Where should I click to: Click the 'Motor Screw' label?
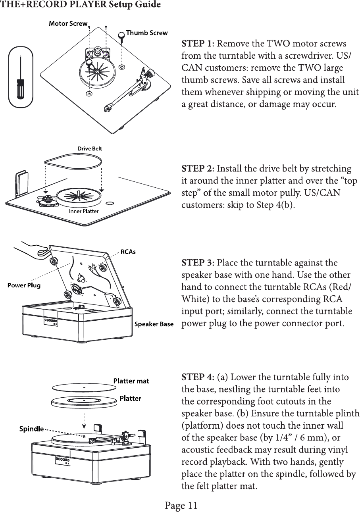[x=67, y=23]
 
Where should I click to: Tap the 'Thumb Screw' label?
[x=146, y=33]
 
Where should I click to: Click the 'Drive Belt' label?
[x=89, y=149]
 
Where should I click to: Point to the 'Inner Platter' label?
[x=84, y=211]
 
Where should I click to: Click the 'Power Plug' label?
[x=24, y=285]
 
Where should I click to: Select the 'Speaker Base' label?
[x=154, y=324]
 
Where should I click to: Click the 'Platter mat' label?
[x=131, y=381]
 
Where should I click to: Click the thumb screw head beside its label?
[x=121, y=35]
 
